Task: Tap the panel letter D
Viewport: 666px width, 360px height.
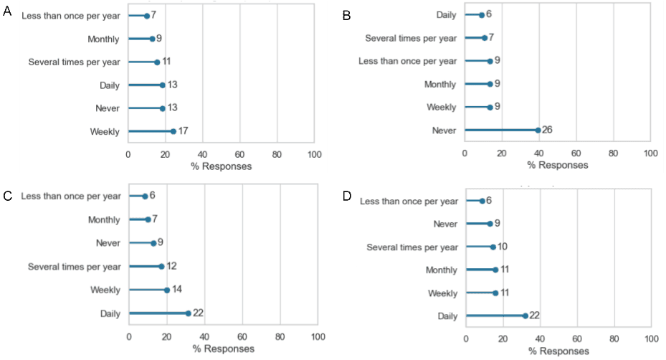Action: (348, 196)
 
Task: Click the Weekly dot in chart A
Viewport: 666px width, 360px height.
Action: (173, 131)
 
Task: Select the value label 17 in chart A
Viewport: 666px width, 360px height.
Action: (183, 131)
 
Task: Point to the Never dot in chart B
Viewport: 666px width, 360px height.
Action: (538, 130)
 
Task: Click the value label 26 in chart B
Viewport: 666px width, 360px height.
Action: (548, 130)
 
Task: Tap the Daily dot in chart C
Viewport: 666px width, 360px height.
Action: (188, 313)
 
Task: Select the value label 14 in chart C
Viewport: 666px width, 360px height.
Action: (177, 289)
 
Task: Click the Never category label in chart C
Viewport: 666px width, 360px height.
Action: (108, 243)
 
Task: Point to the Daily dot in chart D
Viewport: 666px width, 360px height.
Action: (525, 316)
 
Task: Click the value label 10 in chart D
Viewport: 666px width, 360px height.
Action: (504, 246)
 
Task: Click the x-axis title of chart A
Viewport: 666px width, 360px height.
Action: (222, 166)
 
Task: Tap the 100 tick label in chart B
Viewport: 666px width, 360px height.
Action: (650, 153)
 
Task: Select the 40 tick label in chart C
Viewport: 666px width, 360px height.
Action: (204, 336)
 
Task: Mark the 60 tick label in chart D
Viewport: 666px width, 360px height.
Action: (577, 338)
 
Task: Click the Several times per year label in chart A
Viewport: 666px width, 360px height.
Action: (74, 62)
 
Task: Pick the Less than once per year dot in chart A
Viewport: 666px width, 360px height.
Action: (146, 16)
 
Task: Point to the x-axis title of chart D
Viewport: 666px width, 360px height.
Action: (558, 351)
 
